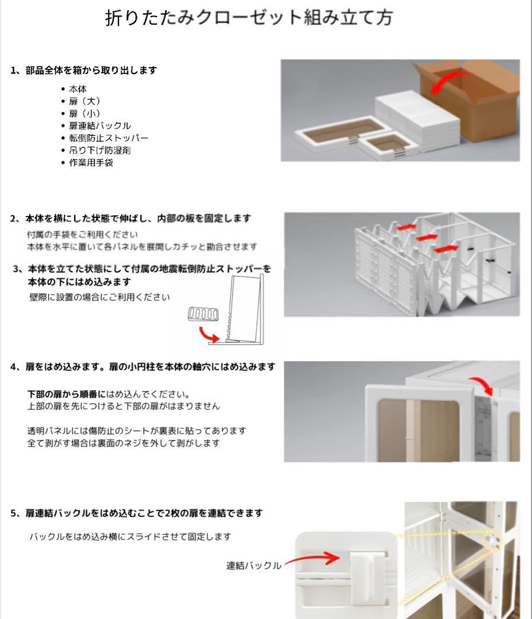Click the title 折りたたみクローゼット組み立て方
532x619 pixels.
pyautogui.click(x=249, y=18)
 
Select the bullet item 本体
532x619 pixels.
pyautogui.click(x=78, y=89)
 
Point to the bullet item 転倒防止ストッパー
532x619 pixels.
pyautogui.click(x=108, y=138)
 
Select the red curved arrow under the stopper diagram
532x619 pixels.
pyautogui.click(x=208, y=335)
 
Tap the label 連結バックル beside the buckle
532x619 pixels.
pyautogui.click(x=254, y=566)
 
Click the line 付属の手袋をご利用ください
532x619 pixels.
pyautogui.click(x=82, y=235)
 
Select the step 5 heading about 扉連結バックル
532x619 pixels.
pyautogui.click(x=136, y=513)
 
